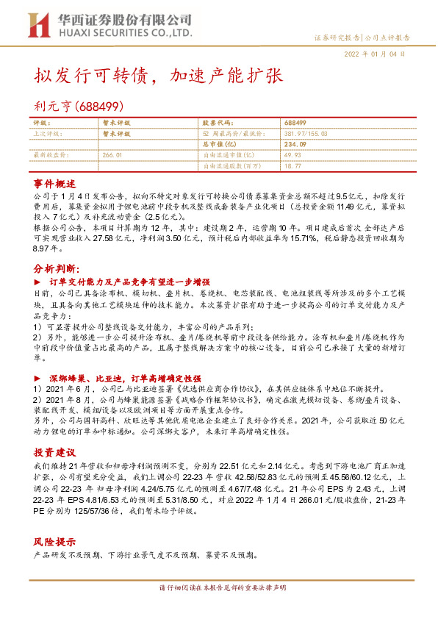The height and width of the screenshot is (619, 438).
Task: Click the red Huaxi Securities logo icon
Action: coord(37,24)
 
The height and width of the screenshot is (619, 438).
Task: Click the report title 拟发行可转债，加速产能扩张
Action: coord(158,76)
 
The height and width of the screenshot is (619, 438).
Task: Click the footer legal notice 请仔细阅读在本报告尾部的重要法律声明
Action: coord(218,589)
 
